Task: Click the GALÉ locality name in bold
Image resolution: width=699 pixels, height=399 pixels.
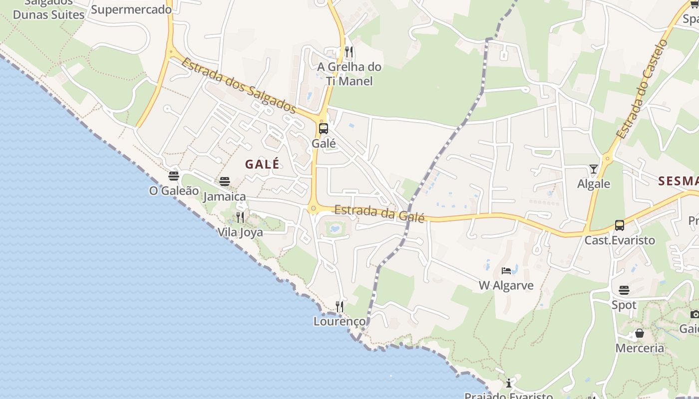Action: coord(262,164)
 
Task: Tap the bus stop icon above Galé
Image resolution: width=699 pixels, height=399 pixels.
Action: coord(324,129)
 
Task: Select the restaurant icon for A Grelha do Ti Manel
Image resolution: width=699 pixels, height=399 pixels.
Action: coord(349,52)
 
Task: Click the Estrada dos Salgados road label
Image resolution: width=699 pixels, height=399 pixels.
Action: coord(239,86)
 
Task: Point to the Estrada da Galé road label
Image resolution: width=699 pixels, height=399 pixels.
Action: coord(379,213)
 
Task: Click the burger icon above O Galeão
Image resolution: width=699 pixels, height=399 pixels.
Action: coord(174,176)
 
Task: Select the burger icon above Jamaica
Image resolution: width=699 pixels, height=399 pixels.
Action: coord(225,182)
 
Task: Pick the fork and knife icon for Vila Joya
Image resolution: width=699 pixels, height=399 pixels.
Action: coord(240,217)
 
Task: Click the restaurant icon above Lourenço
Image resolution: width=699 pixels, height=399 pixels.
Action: coord(340,306)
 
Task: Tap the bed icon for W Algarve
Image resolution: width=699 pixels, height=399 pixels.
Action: coord(506,271)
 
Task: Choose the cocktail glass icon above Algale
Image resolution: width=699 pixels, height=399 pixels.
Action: coord(593,169)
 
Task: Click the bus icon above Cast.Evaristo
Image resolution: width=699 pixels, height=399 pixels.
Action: coord(620,225)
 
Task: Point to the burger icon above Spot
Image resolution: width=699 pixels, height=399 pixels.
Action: coord(624,290)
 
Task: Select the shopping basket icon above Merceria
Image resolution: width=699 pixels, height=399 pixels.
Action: coord(640,333)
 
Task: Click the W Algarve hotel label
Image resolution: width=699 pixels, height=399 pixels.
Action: coord(506,286)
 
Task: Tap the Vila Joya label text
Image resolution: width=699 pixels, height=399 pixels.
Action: coord(240,232)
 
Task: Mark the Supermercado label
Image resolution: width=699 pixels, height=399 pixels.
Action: coord(131,9)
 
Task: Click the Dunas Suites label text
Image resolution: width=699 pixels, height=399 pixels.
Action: coord(48,15)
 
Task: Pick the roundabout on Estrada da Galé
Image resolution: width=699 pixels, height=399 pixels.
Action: coord(314,208)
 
